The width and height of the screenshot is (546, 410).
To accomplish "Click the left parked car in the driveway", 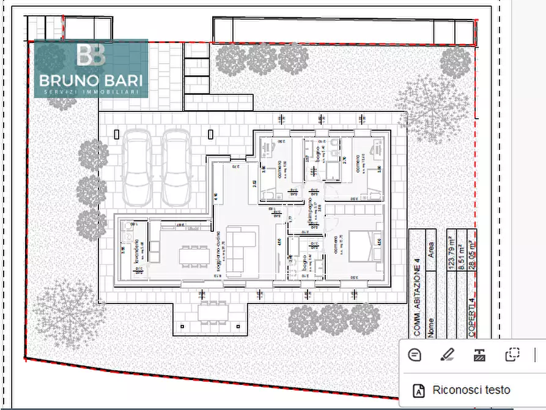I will (137, 168).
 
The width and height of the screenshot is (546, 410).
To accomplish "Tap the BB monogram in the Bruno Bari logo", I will (91, 55).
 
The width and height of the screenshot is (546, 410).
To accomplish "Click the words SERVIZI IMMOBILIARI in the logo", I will (91, 92).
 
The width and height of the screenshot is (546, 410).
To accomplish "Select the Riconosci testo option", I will (471, 390).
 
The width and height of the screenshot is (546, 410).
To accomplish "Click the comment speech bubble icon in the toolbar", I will (415, 355).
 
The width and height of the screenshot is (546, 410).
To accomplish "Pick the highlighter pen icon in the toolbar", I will (448, 355).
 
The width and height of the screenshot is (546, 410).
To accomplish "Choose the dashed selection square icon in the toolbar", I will (512, 355).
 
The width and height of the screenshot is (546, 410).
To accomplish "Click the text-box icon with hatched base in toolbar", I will (480, 355).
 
